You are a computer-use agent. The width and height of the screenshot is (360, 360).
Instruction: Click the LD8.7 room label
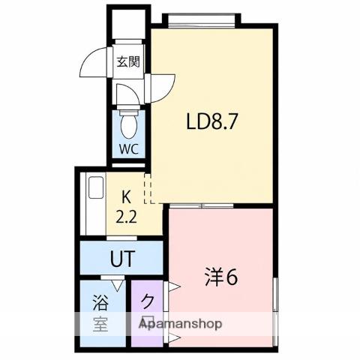(211, 121)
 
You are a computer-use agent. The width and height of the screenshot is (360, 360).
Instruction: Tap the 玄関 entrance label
(128, 61)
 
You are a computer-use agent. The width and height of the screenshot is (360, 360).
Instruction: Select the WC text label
(128, 149)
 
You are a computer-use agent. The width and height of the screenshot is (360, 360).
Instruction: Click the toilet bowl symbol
(128, 124)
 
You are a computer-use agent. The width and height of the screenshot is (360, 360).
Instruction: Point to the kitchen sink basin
(96, 187)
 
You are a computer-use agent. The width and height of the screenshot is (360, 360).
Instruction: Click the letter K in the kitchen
(126, 196)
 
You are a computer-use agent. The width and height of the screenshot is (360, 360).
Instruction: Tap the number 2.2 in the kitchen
(127, 217)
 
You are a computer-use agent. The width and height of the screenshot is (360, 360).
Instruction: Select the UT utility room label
(123, 258)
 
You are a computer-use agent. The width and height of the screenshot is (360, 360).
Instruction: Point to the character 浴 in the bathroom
(100, 301)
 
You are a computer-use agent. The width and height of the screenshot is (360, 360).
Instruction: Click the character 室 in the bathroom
(100, 324)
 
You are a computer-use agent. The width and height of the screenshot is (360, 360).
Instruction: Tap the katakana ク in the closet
(148, 301)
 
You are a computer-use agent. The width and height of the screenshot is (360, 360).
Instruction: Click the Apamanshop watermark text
(180, 324)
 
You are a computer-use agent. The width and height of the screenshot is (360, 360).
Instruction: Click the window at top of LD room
(202, 20)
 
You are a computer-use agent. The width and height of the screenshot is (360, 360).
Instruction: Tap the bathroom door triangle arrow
(118, 286)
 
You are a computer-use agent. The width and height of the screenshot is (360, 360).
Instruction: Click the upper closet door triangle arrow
(174, 286)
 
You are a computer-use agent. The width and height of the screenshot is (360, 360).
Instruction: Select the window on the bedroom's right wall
(275, 312)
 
